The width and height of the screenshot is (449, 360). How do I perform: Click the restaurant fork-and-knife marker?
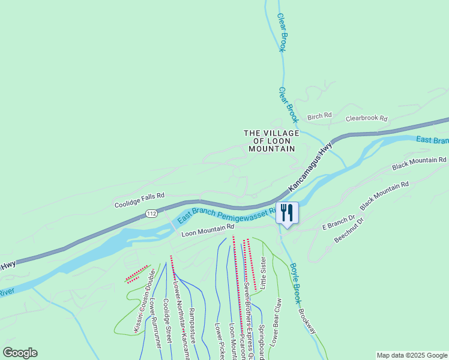[287, 213]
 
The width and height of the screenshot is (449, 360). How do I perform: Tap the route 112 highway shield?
[152, 214]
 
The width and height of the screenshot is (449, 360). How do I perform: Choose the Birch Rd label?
[319, 115]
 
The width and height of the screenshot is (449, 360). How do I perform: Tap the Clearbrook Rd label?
[366, 119]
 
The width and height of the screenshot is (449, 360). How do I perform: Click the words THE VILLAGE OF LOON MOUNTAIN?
[270, 140]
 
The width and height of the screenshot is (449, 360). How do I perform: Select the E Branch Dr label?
[339, 223]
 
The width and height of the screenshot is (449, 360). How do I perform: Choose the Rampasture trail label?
[193, 325]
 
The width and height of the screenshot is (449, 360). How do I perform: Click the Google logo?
[20, 353]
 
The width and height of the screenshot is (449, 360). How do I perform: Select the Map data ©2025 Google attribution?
[411, 355]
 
